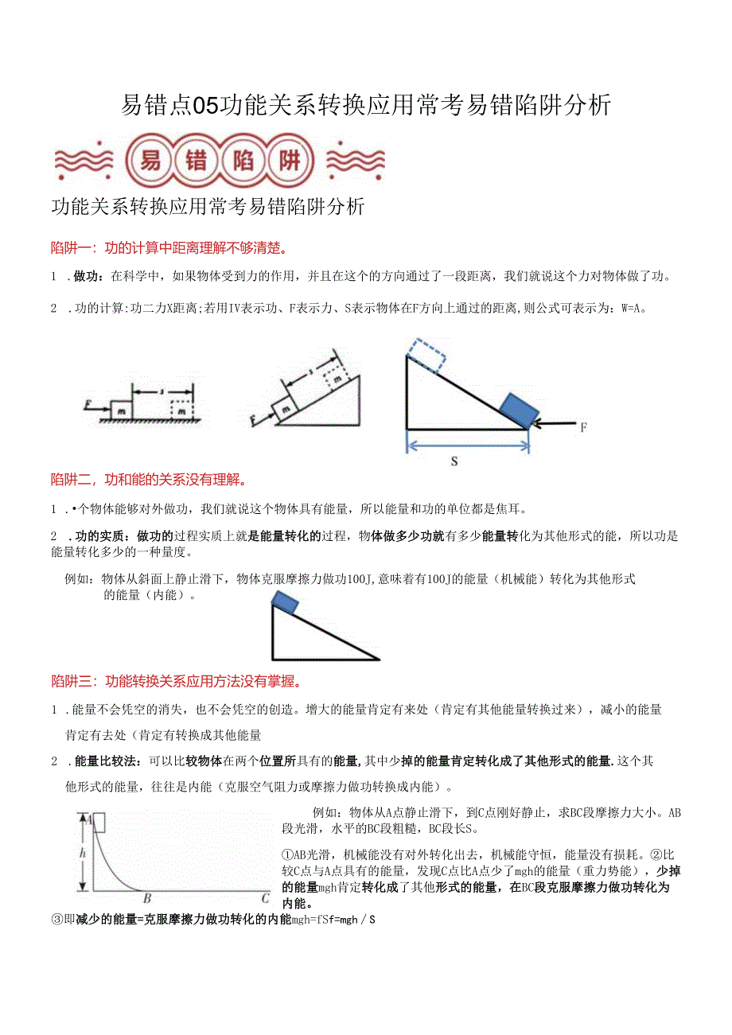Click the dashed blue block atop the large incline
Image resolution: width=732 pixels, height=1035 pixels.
tap(426, 355)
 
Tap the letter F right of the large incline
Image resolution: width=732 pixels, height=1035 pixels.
tap(583, 427)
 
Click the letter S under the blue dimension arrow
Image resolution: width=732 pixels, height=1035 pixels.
tap(454, 461)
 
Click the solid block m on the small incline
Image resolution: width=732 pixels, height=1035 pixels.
tap(285, 409)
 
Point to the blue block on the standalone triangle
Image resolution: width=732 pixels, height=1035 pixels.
tap(285, 604)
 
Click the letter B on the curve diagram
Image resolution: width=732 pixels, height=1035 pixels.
tap(147, 900)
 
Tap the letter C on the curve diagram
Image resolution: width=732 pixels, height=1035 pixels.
tap(265, 899)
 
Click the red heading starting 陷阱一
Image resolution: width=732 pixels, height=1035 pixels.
tap(169, 247)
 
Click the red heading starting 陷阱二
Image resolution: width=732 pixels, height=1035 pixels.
tap(148, 480)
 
